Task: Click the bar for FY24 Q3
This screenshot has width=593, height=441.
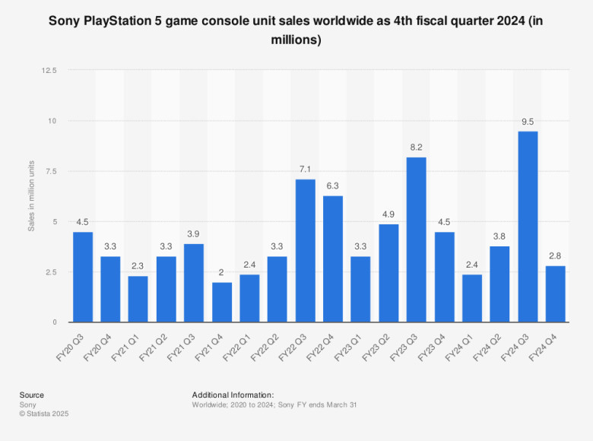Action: pos(528,227)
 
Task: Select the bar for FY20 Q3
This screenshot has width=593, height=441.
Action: pos(82,277)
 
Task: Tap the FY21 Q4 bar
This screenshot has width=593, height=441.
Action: pos(221,302)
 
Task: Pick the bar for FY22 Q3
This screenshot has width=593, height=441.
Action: pos(305,251)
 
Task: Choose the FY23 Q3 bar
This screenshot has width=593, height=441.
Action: pos(416,240)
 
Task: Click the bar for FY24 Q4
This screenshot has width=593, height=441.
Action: pos(555,293)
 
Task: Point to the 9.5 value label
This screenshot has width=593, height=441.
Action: pos(528,121)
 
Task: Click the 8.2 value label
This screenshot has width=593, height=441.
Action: pos(416,147)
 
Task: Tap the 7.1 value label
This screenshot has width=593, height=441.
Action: pos(305,169)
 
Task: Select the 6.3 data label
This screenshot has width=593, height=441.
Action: pos(332,185)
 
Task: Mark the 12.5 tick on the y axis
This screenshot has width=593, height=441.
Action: pos(49,71)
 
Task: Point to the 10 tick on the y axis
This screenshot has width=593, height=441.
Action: pos(52,121)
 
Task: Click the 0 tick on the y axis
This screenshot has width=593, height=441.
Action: pos(54,322)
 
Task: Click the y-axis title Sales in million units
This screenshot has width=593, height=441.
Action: pos(32,196)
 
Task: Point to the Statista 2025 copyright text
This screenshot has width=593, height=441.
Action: pos(44,414)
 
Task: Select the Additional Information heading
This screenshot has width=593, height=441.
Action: pos(233,395)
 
